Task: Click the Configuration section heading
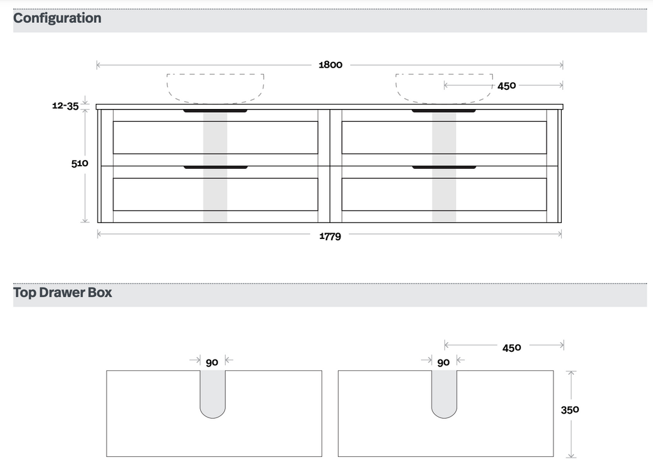pyautogui.click(x=57, y=18)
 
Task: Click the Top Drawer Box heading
pyautogui.click(x=62, y=293)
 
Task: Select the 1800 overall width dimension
pyautogui.click(x=330, y=64)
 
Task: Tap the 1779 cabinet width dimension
pyautogui.click(x=330, y=236)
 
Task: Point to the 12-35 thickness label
pyautogui.click(x=65, y=106)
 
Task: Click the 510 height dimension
pyautogui.click(x=80, y=163)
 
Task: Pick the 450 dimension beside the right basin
pyautogui.click(x=506, y=85)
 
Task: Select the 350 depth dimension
pyautogui.click(x=569, y=410)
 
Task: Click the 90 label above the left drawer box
pyautogui.click(x=212, y=362)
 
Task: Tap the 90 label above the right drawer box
pyautogui.click(x=443, y=362)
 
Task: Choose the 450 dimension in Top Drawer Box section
pyautogui.click(x=511, y=347)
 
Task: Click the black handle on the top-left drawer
pyautogui.click(x=216, y=111)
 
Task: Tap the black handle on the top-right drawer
pyautogui.click(x=444, y=111)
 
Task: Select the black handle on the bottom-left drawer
pyautogui.click(x=216, y=168)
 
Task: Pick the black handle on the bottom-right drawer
pyautogui.click(x=444, y=168)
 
